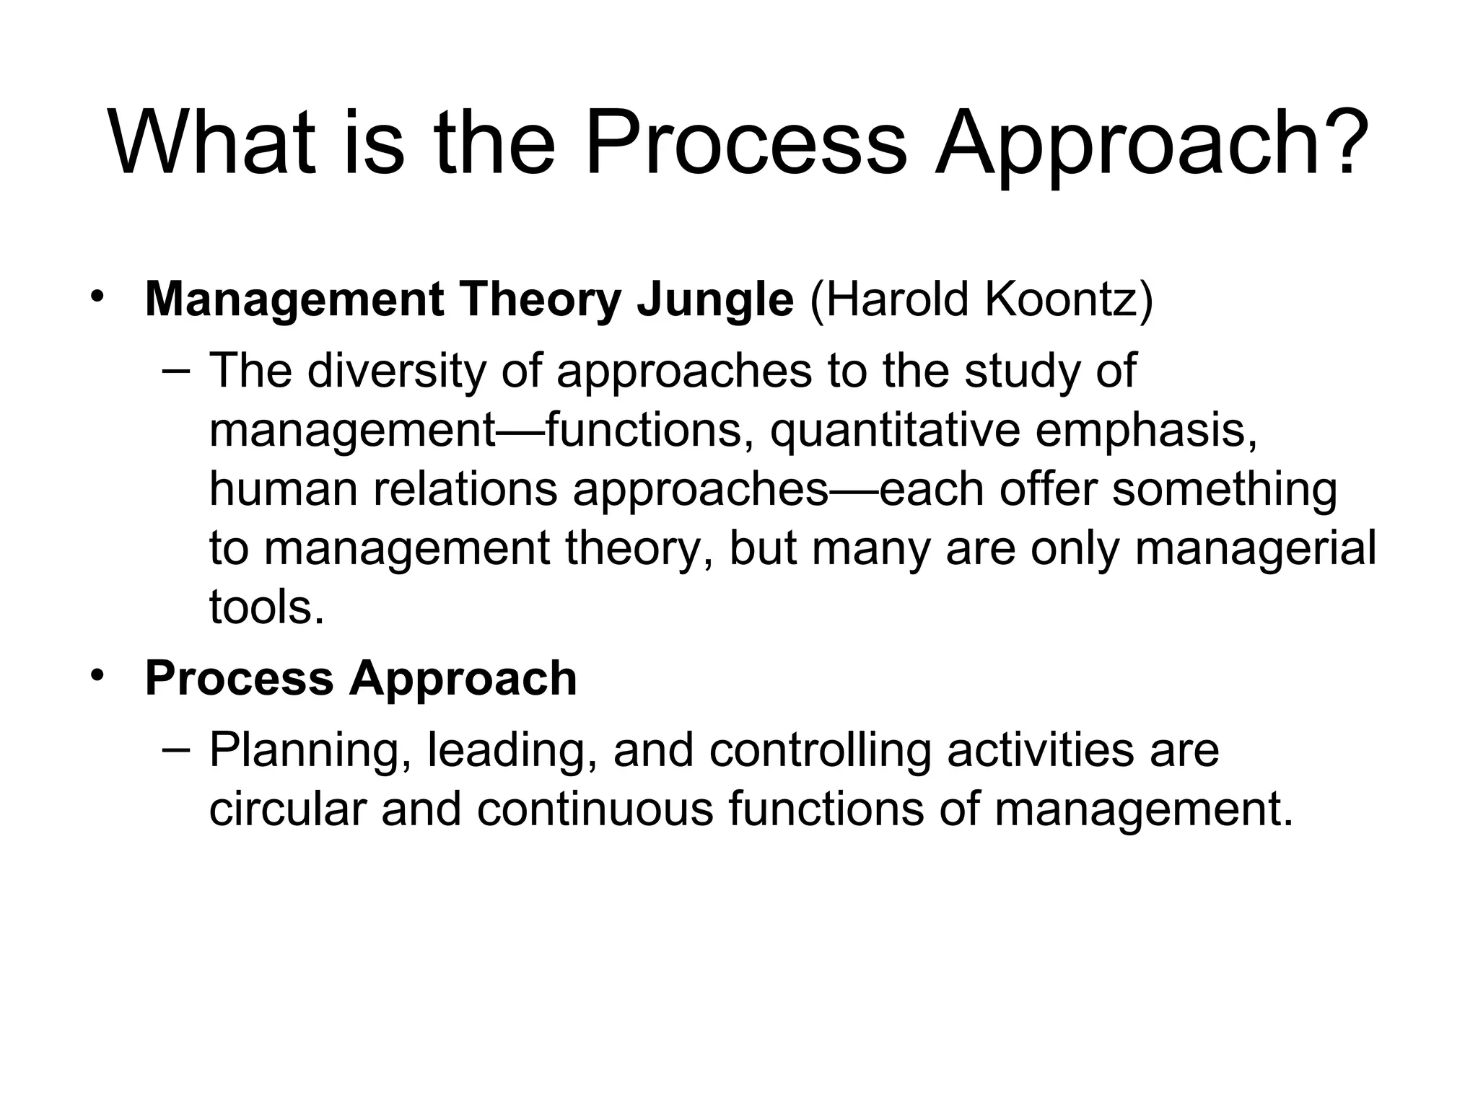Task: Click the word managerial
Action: pyautogui.click(x=1256, y=548)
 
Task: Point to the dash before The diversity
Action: pyautogui.click(x=177, y=371)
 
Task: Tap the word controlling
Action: pyautogui.click(x=820, y=751)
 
